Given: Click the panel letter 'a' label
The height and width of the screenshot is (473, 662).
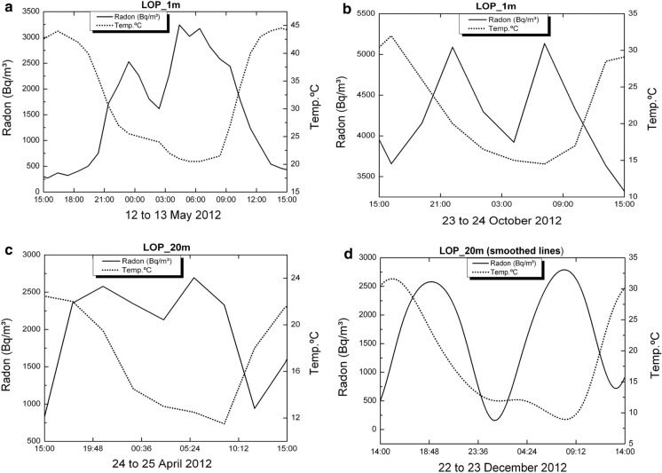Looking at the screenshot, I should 6,7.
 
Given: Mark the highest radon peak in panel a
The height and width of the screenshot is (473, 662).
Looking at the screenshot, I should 179,25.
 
